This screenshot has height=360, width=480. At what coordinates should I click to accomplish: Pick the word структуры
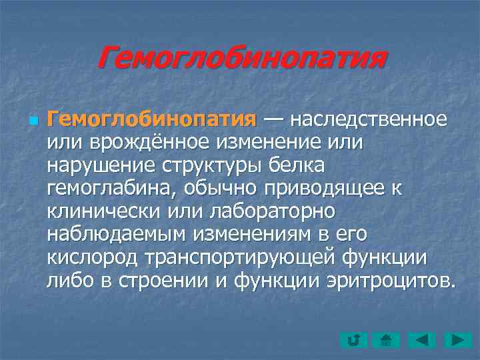212,165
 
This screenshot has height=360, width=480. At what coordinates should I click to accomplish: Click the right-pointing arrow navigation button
458,340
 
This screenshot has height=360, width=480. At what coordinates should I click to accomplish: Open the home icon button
387,340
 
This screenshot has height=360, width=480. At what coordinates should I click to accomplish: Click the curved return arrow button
353,340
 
